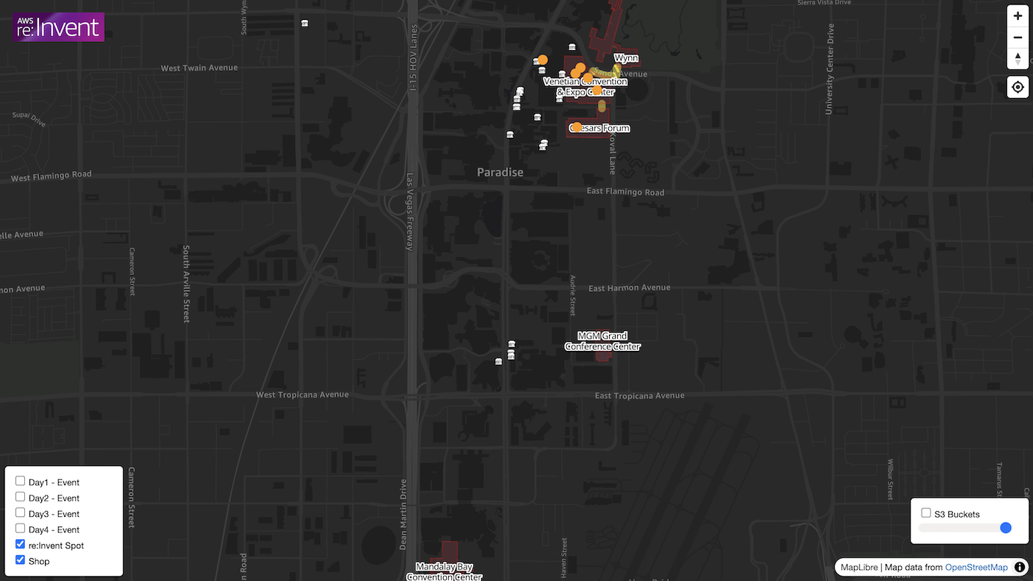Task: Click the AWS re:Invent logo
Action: point(59,27)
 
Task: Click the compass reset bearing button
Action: point(1018,58)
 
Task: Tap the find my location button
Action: point(1018,87)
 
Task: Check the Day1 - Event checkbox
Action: point(21,481)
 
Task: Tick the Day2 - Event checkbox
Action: point(21,497)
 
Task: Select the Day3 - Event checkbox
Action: point(21,513)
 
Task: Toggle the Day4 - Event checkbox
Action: point(21,529)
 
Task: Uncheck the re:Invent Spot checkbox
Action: point(21,545)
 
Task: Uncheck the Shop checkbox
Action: point(21,560)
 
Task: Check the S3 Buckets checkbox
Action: point(926,513)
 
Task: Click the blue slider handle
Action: point(1006,528)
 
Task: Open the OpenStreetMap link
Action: point(976,567)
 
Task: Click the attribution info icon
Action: point(1020,567)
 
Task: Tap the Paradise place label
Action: point(500,173)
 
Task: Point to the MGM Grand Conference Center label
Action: point(602,341)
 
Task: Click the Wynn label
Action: point(626,58)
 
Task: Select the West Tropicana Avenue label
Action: point(302,394)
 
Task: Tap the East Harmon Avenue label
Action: point(629,288)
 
